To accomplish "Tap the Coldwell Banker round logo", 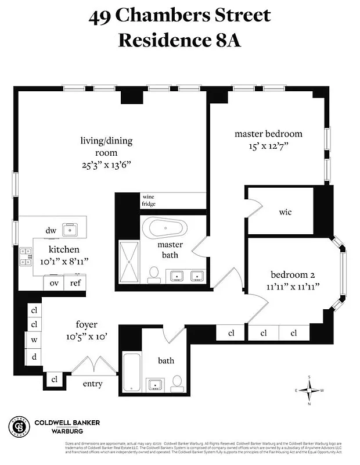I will click(19, 427).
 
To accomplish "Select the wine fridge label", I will click(149, 201).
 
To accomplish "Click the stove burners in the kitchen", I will click(26, 256).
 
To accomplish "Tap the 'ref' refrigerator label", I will click(75, 283).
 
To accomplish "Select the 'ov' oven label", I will click(55, 283).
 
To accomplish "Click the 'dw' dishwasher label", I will click(51, 231).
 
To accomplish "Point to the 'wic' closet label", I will click(285, 212).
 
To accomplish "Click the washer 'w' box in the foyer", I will click(34, 340).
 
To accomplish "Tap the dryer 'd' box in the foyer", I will click(34, 356).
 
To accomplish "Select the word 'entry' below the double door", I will click(93, 384).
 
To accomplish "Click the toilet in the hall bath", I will click(178, 382).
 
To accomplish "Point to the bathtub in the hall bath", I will click(131, 373).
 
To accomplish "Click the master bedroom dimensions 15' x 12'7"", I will click(268, 146).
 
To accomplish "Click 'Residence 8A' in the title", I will click(179, 40).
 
